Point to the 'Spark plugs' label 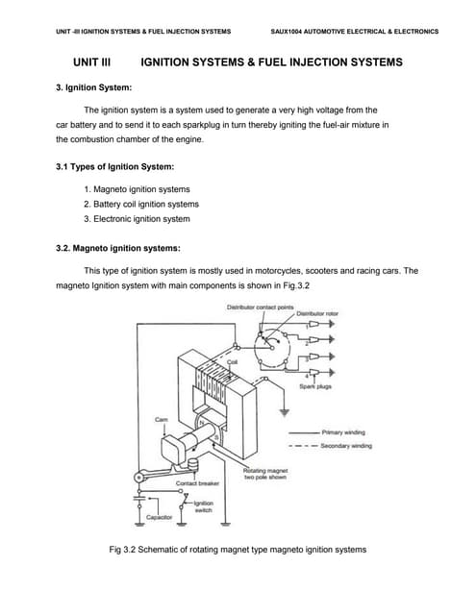click(315, 386)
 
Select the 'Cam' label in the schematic click(160, 420)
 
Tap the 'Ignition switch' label click(203, 506)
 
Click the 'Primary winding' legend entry click(347, 431)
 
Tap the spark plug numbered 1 click(324, 326)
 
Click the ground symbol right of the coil click(285, 414)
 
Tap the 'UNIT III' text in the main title click(92, 61)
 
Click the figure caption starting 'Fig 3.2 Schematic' click(238, 550)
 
